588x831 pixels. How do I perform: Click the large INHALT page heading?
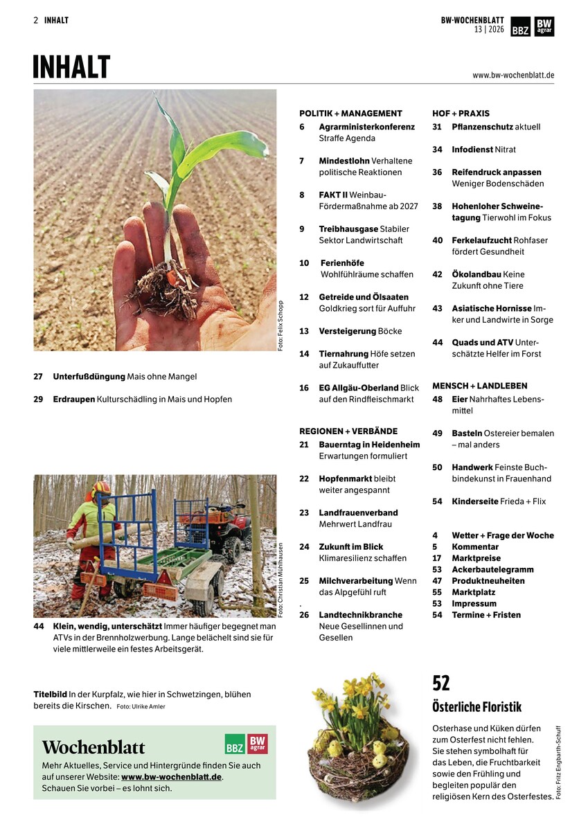click(x=72, y=67)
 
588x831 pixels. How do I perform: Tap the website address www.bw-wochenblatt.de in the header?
click(x=513, y=75)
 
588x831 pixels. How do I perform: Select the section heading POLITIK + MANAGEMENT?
click(x=350, y=113)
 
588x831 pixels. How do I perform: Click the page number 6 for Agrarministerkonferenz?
click(x=302, y=127)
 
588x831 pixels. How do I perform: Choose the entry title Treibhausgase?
click(x=348, y=229)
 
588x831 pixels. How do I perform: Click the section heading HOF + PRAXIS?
click(x=461, y=113)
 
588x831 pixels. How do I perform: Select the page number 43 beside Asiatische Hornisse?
click(x=437, y=308)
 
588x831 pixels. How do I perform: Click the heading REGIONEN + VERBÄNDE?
click(x=348, y=431)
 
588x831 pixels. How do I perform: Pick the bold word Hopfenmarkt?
click(x=345, y=479)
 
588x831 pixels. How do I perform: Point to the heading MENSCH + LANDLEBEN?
click(x=479, y=386)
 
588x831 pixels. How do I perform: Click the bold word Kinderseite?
click(x=474, y=501)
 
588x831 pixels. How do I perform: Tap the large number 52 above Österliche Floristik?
click(x=441, y=683)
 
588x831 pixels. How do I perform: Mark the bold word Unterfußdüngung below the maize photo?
click(x=89, y=377)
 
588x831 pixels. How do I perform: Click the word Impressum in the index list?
click(x=474, y=603)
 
